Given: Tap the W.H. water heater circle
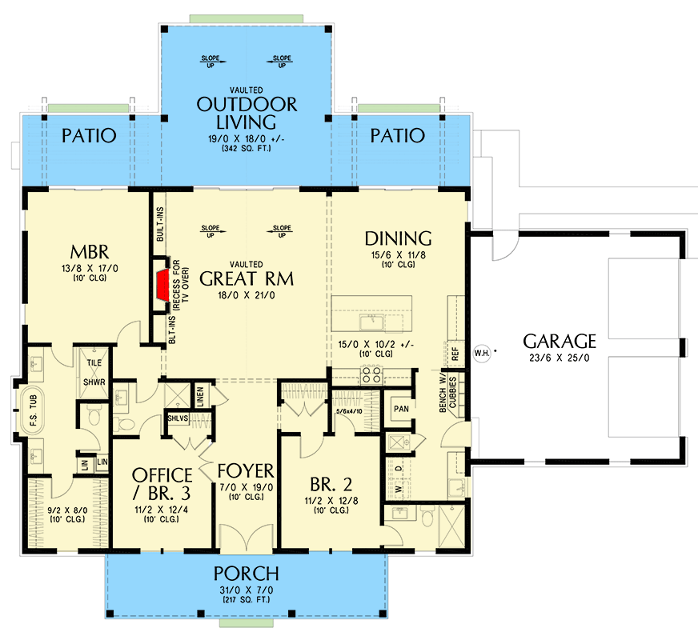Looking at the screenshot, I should [482, 350].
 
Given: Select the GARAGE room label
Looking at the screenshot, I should [560, 341].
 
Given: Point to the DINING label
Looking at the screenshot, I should [398, 238].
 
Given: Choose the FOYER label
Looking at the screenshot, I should [246, 469].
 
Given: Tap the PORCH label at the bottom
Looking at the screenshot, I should [246, 574].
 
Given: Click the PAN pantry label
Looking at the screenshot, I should [401, 408].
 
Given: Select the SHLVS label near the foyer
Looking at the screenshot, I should [178, 417].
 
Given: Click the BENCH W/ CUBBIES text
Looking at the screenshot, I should [448, 394].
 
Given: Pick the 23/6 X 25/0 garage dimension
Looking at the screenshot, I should [560, 358].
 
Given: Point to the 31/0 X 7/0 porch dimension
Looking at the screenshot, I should [246, 590].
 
